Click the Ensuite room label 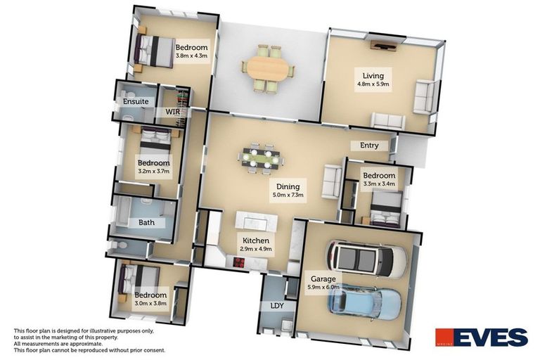[x=136, y=101]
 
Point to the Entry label [x=369, y=146]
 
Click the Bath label [x=146, y=223]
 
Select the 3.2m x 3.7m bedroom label [x=153, y=167]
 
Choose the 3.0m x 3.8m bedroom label [x=150, y=299]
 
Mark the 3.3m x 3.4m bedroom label [x=378, y=179]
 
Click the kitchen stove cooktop [x=238, y=264]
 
